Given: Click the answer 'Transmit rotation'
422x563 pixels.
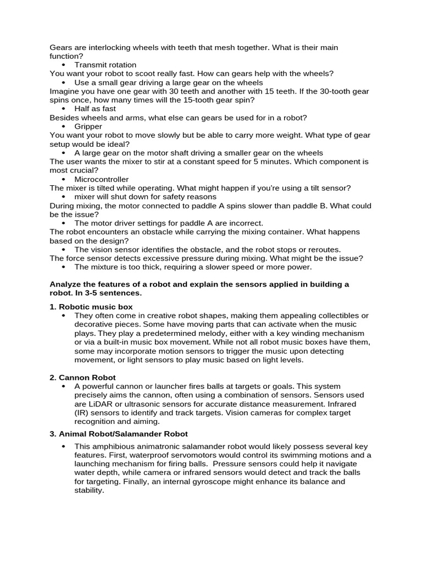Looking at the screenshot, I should (105, 65).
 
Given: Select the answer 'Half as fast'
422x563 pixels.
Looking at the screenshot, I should (96, 109).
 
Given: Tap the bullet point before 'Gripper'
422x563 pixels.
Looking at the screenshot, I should (64, 126).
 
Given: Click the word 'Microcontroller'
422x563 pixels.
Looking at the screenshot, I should (102, 179).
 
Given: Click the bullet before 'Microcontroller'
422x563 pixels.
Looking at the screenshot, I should (64, 179).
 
